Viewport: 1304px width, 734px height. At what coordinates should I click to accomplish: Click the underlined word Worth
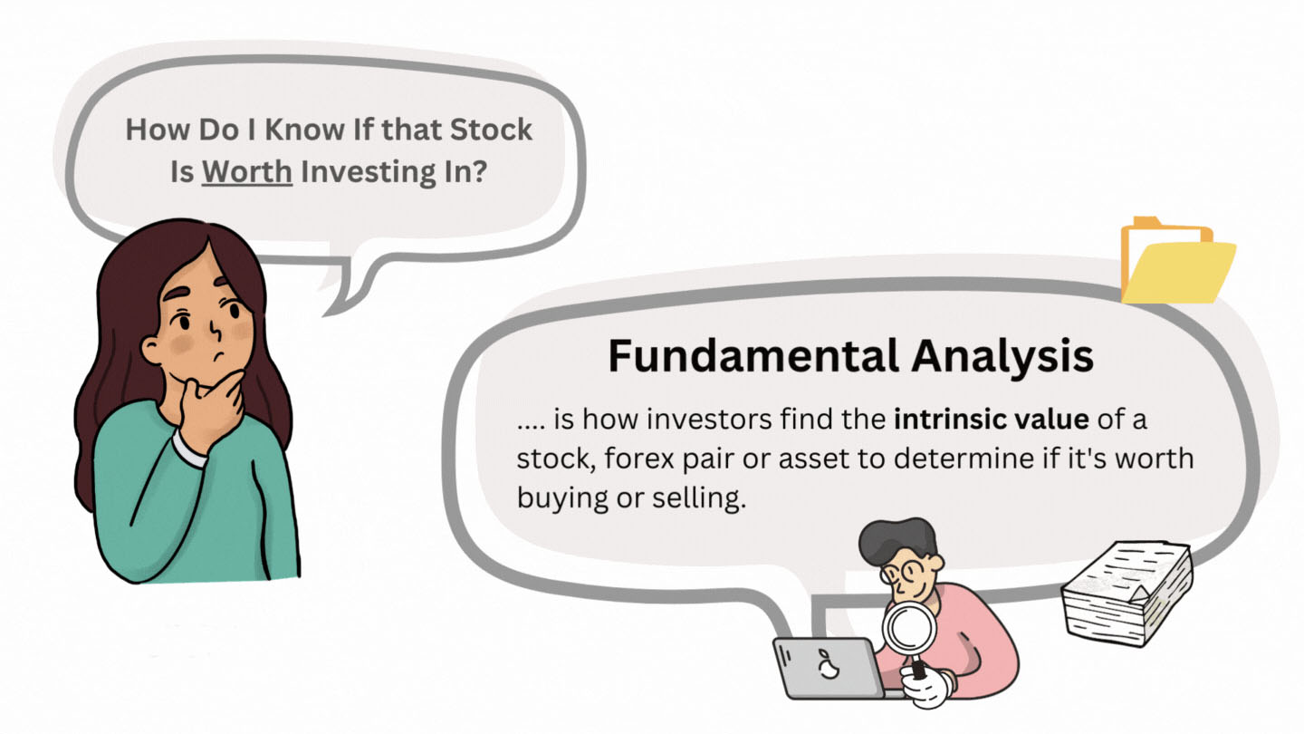(247, 171)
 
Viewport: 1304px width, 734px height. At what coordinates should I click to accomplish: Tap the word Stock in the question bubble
(492, 130)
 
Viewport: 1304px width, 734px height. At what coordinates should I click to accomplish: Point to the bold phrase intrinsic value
(992, 419)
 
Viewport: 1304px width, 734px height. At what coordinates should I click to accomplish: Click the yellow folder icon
(1178, 260)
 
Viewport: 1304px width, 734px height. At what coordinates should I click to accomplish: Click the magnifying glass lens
(909, 629)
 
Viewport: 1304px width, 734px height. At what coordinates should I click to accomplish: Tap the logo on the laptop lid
(828, 665)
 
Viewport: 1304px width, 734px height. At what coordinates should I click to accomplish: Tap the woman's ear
(150, 351)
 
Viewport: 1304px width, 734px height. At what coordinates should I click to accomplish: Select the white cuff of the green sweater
(188, 449)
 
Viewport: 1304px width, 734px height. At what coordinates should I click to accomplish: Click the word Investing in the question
(368, 172)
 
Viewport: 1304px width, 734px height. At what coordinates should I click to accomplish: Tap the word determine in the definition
(964, 459)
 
